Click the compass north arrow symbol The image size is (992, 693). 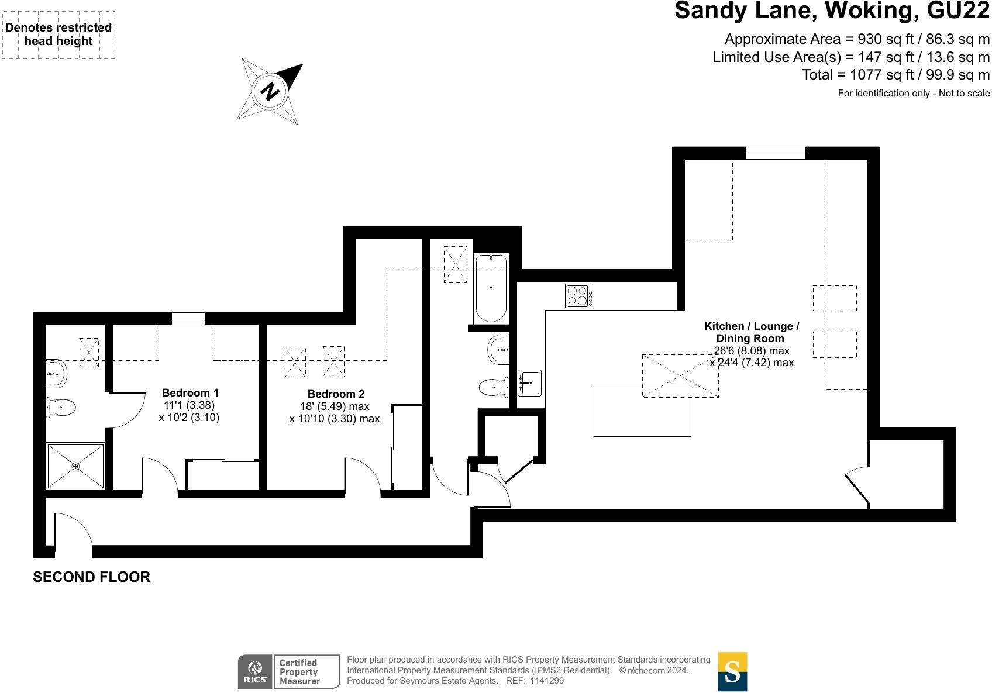270,91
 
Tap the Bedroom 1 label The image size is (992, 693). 190,392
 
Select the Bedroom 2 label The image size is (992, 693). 336,394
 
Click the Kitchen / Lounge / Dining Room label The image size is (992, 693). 751,332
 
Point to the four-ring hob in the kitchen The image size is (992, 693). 578,295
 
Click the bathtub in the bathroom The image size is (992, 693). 490,288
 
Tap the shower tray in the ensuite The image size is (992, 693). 75,466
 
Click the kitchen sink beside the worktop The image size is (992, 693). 529,382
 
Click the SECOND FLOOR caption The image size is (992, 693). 91,577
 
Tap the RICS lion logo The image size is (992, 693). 255,671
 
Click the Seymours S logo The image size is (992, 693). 732,672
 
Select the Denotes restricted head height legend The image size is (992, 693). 58,35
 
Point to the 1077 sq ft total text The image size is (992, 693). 895,75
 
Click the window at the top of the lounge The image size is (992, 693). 776,153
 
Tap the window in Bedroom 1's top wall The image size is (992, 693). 188,319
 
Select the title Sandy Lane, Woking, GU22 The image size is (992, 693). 832,11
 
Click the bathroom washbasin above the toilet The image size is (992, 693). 498,350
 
